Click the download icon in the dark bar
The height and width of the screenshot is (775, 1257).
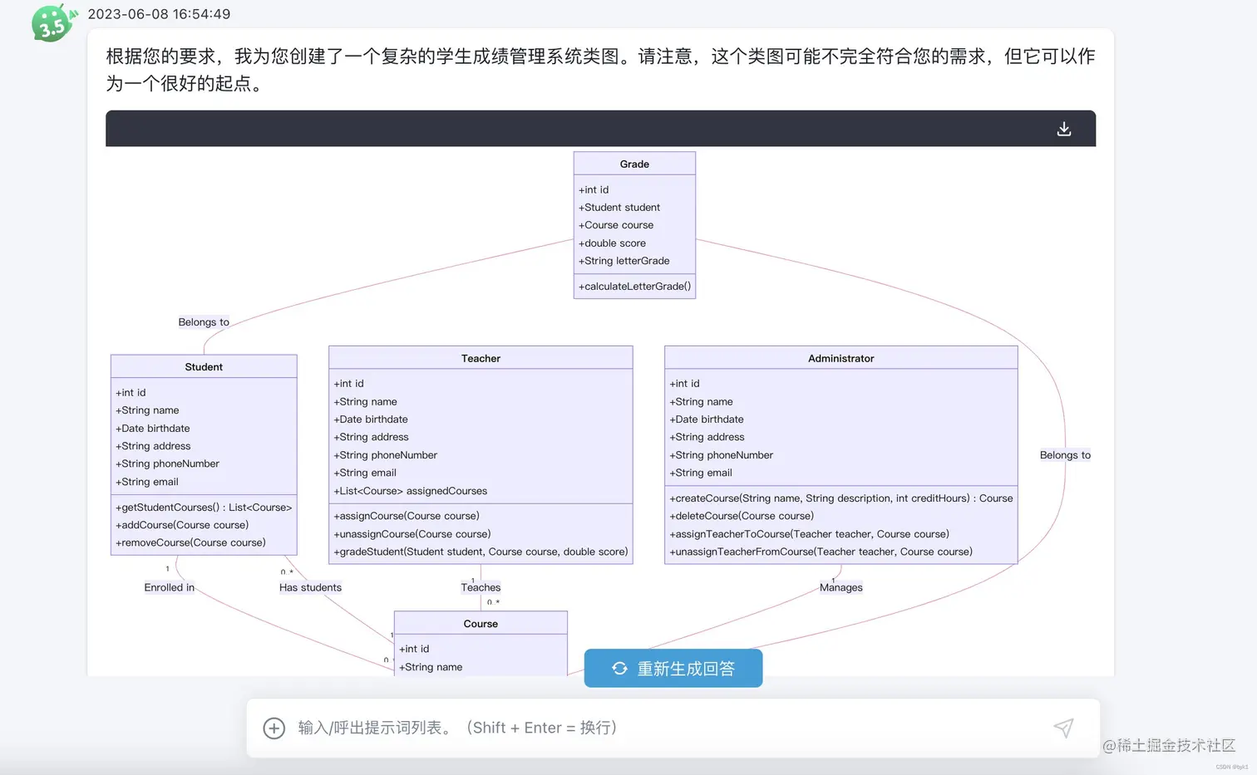tap(1063, 129)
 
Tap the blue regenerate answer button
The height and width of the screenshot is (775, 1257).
tap(673, 669)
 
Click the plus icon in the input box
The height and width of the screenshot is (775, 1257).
tap(274, 728)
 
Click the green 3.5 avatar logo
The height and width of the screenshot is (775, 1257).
tap(52, 22)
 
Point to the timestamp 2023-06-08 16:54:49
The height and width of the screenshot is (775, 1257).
tap(159, 14)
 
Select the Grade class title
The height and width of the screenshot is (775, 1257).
tap(634, 164)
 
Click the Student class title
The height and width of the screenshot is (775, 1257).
tap(204, 367)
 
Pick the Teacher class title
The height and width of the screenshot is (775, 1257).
tap(481, 359)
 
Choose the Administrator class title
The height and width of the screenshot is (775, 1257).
tap(840, 359)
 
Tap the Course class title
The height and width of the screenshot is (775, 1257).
tap(481, 624)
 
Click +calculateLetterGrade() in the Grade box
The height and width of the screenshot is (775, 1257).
tap(634, 287)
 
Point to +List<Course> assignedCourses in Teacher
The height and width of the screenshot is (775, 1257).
tap(411, 491)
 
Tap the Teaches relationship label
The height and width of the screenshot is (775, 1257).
tap(481, 587)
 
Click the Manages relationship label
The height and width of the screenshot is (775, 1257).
tap(840, 587)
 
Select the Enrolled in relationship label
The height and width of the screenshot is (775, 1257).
tap(169, 587)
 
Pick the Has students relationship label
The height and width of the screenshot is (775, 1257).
tap(310, 587)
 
